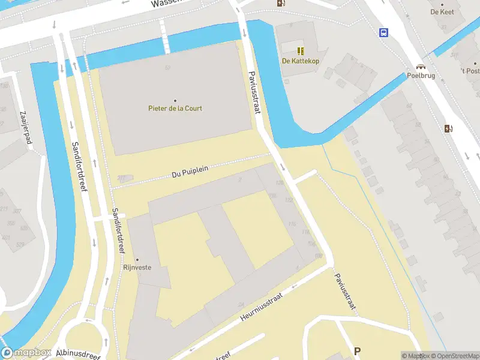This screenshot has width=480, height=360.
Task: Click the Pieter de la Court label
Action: click(x=175, y=109)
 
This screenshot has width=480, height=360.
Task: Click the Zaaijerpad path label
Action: click(x=25, y=128)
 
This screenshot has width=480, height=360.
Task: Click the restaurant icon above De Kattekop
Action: click(x=300, y=50)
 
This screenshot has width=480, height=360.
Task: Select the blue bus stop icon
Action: click(x=383, y=32)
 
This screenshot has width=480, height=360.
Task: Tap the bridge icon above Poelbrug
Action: click(x=421, y=67)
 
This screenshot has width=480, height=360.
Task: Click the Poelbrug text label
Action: click(x=421, y=76)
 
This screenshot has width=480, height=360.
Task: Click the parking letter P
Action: click(x=358, y=351)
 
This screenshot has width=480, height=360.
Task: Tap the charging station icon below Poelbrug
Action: click(x=448, y=128)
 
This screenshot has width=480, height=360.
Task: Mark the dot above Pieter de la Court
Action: click(x=175, y=100)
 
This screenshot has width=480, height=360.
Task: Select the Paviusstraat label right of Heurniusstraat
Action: click(x=344, y=292)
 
